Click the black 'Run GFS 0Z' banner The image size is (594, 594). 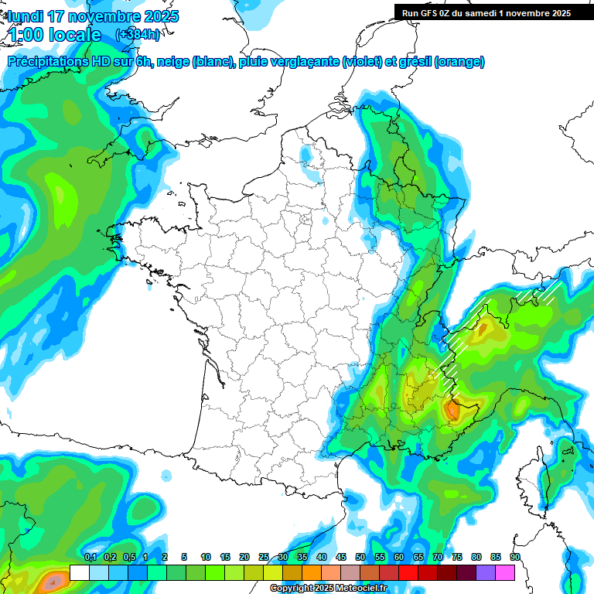[x=486, y=12]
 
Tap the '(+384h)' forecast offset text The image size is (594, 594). [x=138, y=35]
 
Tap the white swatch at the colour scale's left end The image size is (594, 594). [x=79, y=572]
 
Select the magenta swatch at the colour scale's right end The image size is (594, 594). [x=505, y=572]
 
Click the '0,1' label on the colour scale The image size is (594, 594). [x=90, y=558]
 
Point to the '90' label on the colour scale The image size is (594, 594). [x=515, y=558]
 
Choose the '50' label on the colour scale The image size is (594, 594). [x=360, y=558]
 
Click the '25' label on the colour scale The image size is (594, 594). [x=264, y=558]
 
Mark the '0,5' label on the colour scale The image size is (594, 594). [x=128, y=558]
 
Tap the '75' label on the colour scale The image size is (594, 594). [x=457, y=558]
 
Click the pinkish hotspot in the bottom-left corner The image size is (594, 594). [x=53, y=582]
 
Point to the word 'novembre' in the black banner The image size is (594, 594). [x=526, y=12]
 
